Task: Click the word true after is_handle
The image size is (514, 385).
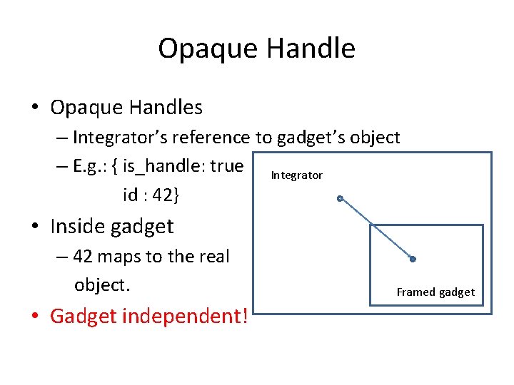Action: point(228,166)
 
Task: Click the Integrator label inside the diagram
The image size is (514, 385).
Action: point(296,175)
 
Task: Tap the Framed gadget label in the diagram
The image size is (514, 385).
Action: point(435,292)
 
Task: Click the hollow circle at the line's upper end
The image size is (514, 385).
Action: point(340,198)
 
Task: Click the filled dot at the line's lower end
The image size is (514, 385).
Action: point(413,259)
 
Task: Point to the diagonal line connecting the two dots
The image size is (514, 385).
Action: point(376,228)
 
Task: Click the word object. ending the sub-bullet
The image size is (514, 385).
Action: point(103,284)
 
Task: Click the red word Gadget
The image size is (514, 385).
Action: point(83,316)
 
